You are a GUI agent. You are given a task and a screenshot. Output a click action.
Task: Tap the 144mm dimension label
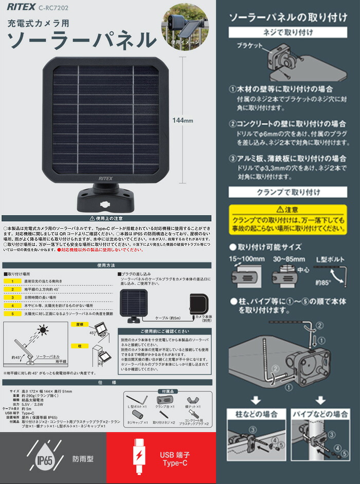pos(182,121)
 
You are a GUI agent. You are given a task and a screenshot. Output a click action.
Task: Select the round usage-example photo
pos(184,26)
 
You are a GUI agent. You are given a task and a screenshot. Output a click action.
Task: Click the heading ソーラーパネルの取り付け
pos(288,17)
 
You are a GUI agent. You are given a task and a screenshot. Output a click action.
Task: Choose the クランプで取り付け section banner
pos(288,192)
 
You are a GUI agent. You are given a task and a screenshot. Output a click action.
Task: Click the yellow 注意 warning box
pos(288,219)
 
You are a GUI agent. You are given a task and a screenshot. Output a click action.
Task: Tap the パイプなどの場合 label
pos(319,414)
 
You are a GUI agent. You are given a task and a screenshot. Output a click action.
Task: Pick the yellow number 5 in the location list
pos(11,313)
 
